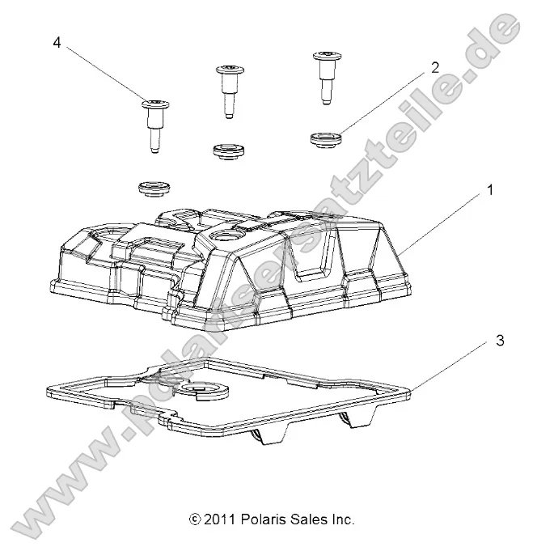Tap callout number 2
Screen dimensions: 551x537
434,69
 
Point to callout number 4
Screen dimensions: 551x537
57,43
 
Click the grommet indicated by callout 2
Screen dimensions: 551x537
324,139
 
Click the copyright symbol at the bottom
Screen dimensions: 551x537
193,519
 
